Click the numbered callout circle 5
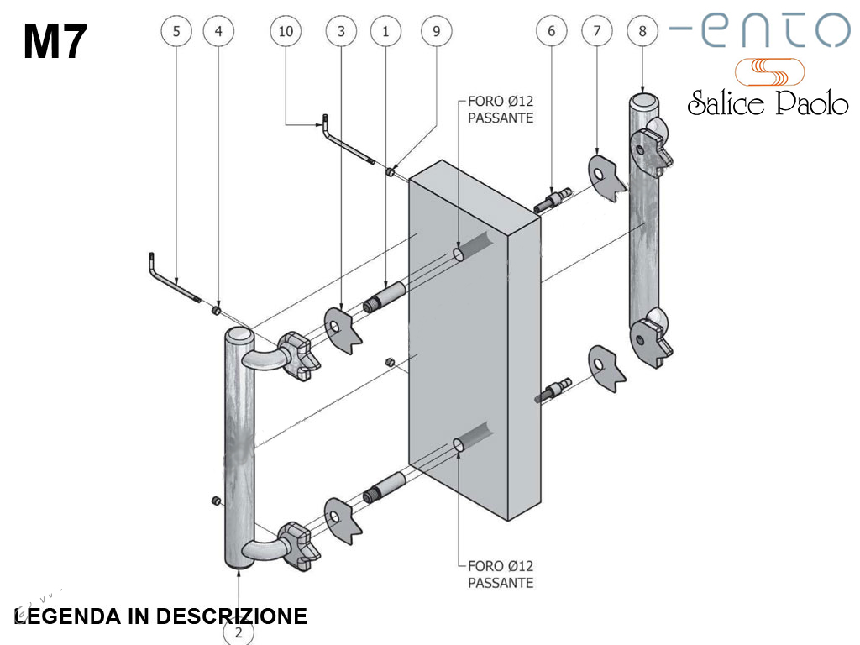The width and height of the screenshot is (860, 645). pyautogui.click(x=176, y=32)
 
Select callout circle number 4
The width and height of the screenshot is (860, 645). pyautogui.click(x=219, y=32)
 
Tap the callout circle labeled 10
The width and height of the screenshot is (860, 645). pyautogui.click(x=286, y=32)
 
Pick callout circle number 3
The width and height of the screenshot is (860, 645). pyautogui.click(x=341, y=32)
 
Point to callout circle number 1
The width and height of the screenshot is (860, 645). pyautogui.click(x=385, y=32)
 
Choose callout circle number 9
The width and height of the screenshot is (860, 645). pyautogui.click(x=436, y=32)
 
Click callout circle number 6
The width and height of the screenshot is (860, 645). pyautogui.click(x=551, y=32)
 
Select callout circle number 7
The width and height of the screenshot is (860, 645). pyautogui.click(x=597, y=32)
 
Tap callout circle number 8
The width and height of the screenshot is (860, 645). pyautogui.click(x=642, y=32)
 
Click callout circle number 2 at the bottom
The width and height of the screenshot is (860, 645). pyautogui.click(x=239, y=632)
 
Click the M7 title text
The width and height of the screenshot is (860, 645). pyautogui.click(x=55, y=41)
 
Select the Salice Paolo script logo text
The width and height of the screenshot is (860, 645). pyautogui.click(x=768, y=102)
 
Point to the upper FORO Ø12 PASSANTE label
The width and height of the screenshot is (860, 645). pyautogui.click(x=501, y=110)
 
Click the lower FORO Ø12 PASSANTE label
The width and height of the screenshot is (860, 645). pyautogui.click(x=501, y=574)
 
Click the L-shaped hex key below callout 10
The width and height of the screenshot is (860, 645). pyautogui.click(x=345, y=142)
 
